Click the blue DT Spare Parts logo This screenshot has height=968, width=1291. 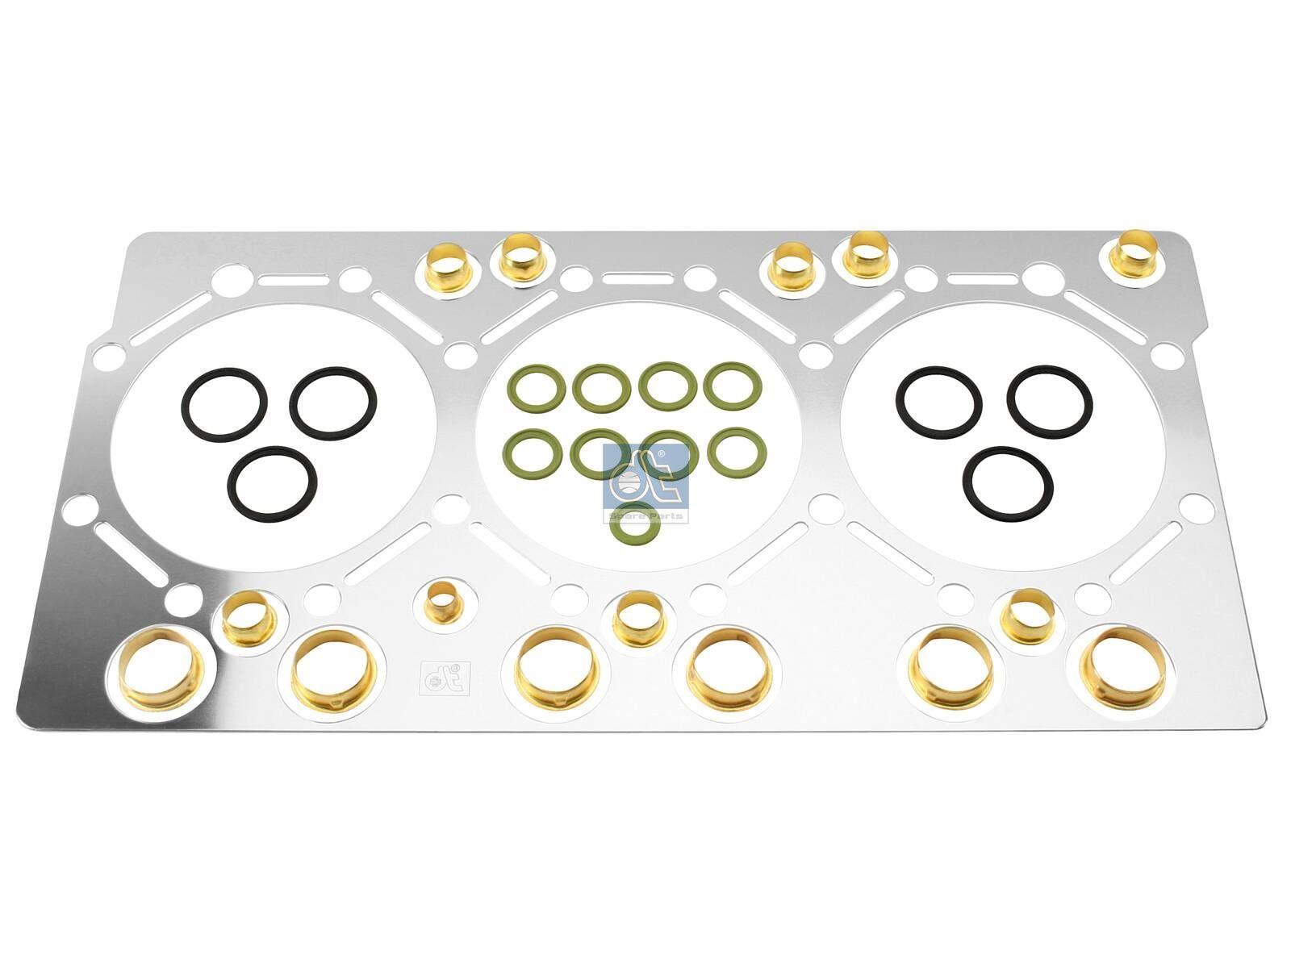coord(645,483)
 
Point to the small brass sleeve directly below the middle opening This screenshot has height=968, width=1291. coord(637,617)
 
